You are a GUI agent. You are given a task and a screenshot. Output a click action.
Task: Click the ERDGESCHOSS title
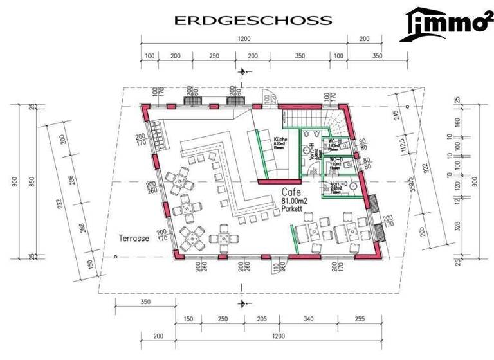[x=253, y=21]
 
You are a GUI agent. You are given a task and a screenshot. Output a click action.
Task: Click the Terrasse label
[x=134, y=238]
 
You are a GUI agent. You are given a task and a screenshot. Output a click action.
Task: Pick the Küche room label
[x=280, y=140]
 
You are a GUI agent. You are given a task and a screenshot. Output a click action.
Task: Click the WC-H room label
[x=333, y=141]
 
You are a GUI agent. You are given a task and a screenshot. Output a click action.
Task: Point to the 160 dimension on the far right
[x=458, y=120]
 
